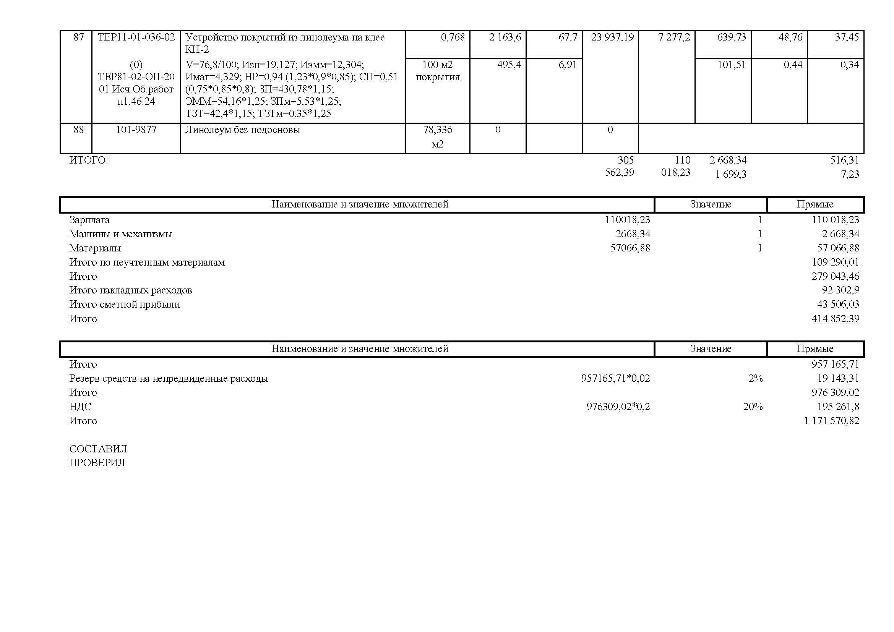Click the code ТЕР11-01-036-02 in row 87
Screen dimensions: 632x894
pos(136,37)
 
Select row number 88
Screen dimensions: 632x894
pos(79,130)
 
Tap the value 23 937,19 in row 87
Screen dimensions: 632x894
pos(612,37)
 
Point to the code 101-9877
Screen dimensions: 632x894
pos(136,130)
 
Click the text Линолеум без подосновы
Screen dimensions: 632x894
pos(243,130)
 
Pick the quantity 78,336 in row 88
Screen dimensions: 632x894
pos(438,130)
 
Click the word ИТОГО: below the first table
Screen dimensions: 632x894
pos(89,160)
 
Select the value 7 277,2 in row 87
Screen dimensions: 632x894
pos(674,37)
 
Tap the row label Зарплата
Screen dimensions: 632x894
pos(89,220)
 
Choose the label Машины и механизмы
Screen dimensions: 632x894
pos(121,234)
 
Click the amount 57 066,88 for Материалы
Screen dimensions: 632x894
pos(838,248)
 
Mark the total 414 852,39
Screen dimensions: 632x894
pos(835,319)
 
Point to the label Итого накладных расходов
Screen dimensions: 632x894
pos(130,290)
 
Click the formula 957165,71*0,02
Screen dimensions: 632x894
pos(615,378)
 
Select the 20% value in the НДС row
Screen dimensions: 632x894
pos(753,407)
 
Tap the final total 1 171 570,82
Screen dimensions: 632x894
pos(831,421)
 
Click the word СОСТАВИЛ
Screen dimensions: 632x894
pos(98,449)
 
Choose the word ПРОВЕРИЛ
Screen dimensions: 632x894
pos(97,463)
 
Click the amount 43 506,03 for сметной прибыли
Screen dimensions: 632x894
pos(838,304)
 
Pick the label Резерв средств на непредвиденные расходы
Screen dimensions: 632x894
pos(169,378)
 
